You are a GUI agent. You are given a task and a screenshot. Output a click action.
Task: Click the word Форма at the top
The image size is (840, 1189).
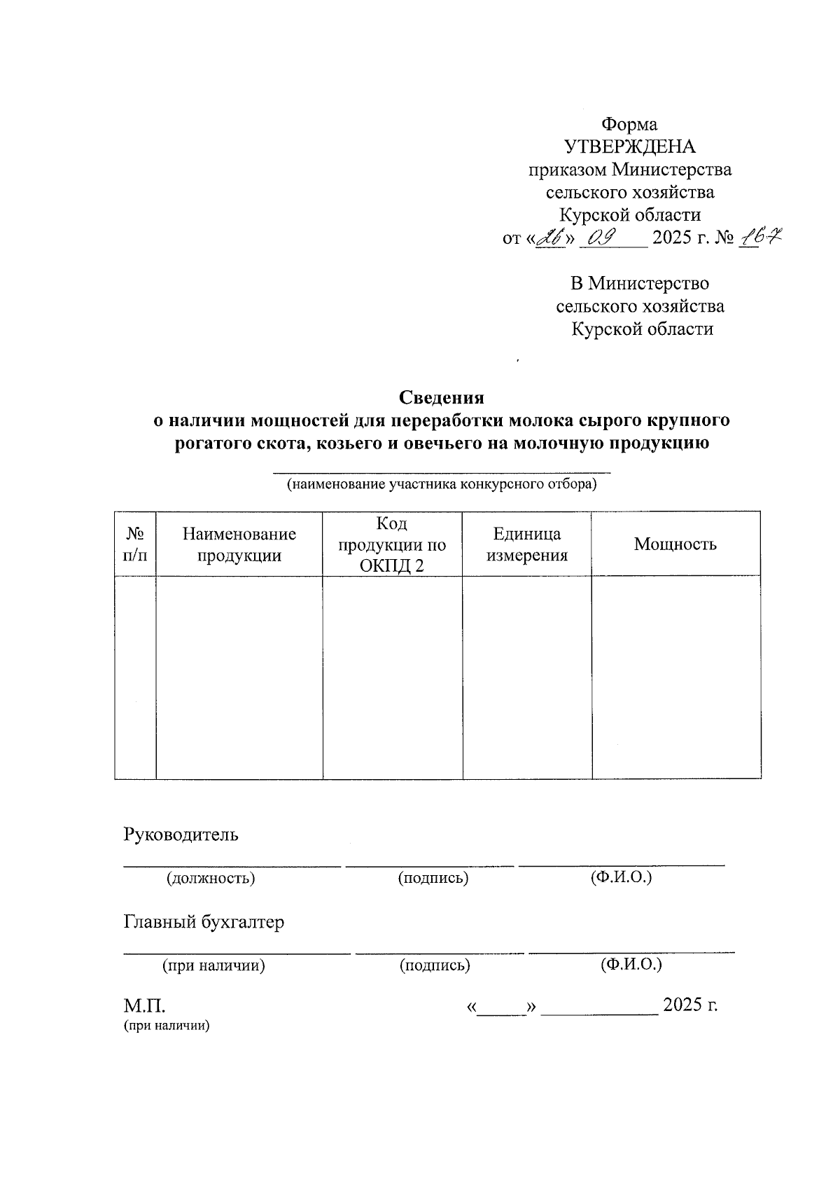point(629,125)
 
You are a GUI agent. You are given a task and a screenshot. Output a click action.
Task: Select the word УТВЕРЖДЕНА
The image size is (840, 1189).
point(630,147)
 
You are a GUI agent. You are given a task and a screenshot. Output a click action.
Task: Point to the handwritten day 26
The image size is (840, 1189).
point(551,238)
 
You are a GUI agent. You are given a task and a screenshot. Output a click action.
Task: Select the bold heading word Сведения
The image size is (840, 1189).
point(442,397)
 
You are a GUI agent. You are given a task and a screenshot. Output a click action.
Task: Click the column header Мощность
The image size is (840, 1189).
point(675,544)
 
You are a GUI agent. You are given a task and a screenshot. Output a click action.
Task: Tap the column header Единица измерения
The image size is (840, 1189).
point(527,544)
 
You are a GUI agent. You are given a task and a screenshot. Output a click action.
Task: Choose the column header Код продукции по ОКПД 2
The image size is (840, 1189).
point(392,544)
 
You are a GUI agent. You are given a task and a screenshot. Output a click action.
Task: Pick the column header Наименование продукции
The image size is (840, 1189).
point(239,544)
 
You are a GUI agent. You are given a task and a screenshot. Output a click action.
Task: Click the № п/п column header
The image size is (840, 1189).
point(135,544)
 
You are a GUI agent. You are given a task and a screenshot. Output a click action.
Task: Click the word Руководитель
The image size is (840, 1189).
point(181,834)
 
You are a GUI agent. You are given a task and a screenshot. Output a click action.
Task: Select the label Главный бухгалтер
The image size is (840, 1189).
point(204,922)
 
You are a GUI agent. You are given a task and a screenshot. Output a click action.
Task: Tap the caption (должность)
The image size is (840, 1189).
point(210,878)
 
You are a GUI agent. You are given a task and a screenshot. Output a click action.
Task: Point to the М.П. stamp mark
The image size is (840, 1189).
point(145,1006)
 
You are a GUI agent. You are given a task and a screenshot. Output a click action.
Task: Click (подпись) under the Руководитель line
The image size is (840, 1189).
point(433,878)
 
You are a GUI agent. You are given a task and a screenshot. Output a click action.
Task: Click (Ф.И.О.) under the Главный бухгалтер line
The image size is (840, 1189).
point(631,965)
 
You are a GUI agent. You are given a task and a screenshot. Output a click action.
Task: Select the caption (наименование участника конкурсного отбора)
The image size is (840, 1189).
point(442,484)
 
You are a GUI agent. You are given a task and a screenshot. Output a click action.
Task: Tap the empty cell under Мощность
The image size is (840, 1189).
point(676,677)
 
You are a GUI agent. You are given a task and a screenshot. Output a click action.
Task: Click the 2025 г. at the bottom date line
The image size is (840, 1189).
point(690,1005)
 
